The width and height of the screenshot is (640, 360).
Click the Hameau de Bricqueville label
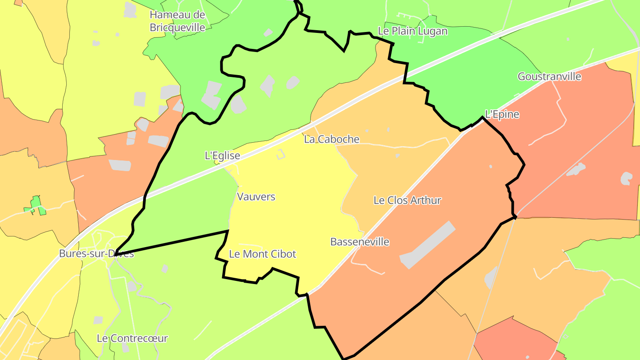177,21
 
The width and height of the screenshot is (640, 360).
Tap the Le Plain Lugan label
412,31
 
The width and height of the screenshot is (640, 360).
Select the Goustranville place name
549,76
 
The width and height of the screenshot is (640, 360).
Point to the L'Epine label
502,114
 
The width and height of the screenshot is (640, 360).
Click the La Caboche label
332,139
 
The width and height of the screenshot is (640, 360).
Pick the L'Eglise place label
222,156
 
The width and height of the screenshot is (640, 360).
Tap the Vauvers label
256,196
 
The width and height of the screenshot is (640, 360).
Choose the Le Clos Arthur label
407,200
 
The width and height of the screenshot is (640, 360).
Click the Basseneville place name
360,242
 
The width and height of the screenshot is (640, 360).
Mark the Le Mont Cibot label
262,254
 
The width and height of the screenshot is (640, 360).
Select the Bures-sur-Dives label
96,254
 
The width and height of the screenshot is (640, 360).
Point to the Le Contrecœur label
132,338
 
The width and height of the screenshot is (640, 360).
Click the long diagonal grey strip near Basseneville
428,245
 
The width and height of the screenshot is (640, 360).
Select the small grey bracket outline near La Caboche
280,155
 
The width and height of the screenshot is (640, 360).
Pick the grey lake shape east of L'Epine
576,169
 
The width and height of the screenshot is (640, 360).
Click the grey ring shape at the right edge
626,178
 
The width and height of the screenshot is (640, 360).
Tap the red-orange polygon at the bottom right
516,340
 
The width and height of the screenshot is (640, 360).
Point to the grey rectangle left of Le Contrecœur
98,320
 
